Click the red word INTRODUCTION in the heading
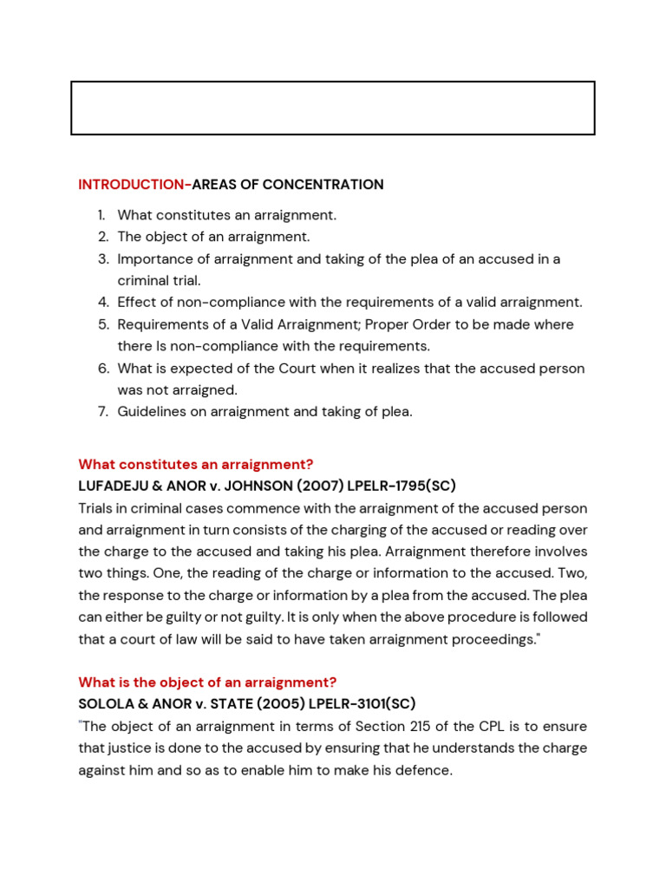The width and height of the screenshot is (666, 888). pos(133,185)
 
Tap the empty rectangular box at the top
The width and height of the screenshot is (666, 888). pos(332,108)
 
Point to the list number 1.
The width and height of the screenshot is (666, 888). pos(101,215)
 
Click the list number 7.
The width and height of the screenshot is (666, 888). pos(102,412)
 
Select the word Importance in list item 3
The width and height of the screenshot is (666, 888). pos(150,259)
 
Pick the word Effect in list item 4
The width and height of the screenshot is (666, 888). pos(136,303)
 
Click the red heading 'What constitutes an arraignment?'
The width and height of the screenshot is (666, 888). pos(195,465)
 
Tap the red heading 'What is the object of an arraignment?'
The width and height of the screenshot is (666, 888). pos(207,682)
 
